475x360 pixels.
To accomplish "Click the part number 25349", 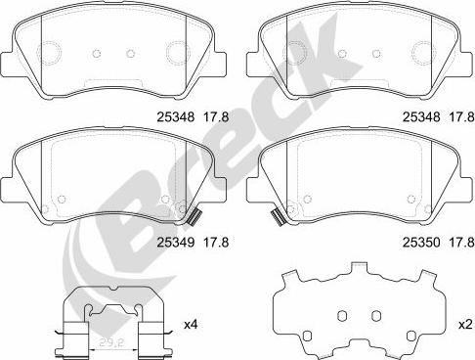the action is [x=176, y=243].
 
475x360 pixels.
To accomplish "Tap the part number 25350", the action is [x=421, y=243].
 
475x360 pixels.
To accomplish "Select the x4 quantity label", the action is [x=191, y=325].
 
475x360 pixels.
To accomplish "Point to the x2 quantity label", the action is [x=465, y=325].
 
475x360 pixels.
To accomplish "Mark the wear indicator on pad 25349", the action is [x=194, y=217].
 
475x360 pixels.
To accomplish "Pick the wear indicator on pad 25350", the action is [x=279, y=217].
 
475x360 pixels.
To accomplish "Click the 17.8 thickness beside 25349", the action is [x=216, y=243].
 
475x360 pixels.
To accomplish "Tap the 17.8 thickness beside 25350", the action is [x=461, y=243].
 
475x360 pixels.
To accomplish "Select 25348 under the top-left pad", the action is [x=176, y=116].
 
